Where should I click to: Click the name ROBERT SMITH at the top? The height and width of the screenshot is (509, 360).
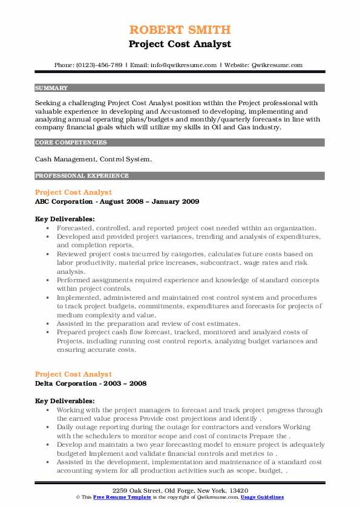[180, 31]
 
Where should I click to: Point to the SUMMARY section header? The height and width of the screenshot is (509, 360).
[51, 88]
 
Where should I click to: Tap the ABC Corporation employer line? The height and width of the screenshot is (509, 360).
[117, 201]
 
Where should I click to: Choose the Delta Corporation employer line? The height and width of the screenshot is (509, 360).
[90, 383]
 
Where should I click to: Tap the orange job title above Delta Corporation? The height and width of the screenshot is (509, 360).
[73, 374]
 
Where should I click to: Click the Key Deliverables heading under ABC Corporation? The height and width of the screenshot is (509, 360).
[64, 219]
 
